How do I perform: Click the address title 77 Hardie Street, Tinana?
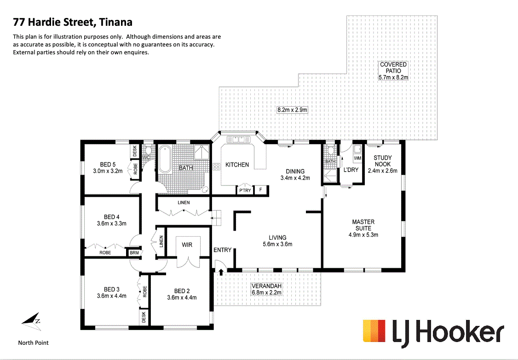pyautogui.click(x=73, y=22)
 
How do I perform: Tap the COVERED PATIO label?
pyautogui.click(x=393, y=65)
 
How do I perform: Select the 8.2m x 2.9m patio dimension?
pyautogui.click(x=292, y=110)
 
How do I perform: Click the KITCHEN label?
pyautogui.click(x=237, y=165)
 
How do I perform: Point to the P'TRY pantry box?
pyautogui.click(x=245, y=190)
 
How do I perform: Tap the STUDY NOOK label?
pyautogui.click(x=382, y=161)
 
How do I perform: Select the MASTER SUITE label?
pyautogui.click(x=363, y=225)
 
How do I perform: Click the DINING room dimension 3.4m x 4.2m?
pyautogui.click(x=295, y=178)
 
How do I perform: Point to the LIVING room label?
pyautogui.click(x=277, y=238)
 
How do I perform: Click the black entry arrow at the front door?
pyautogui.click(x=221, y=272)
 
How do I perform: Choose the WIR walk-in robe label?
pyautogui.click(x=187, y=245)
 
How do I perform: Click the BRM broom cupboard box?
pyautogui.click(x=134, y=253)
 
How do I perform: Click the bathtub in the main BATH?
pyautogui.click(x=165, y=158)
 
